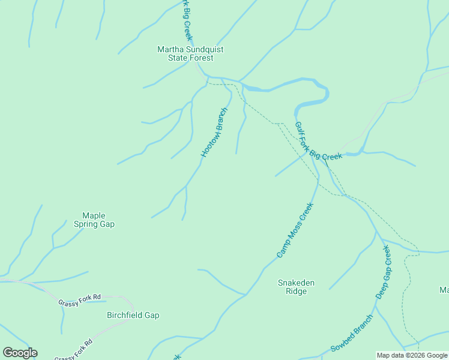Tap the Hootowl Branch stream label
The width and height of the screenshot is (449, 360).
[214, 133]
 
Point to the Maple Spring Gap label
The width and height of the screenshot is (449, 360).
[94, 220]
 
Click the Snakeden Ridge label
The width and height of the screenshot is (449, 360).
[296, 287]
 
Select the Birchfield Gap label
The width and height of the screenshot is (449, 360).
[133, 315]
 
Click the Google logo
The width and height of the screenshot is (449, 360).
[20, 352]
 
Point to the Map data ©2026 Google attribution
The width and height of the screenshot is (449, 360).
[412, 355]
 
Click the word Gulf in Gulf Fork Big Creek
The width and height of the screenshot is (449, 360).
[298, 130]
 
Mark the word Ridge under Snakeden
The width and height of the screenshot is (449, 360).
[296, 292]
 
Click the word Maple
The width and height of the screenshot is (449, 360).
[94, 215]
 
